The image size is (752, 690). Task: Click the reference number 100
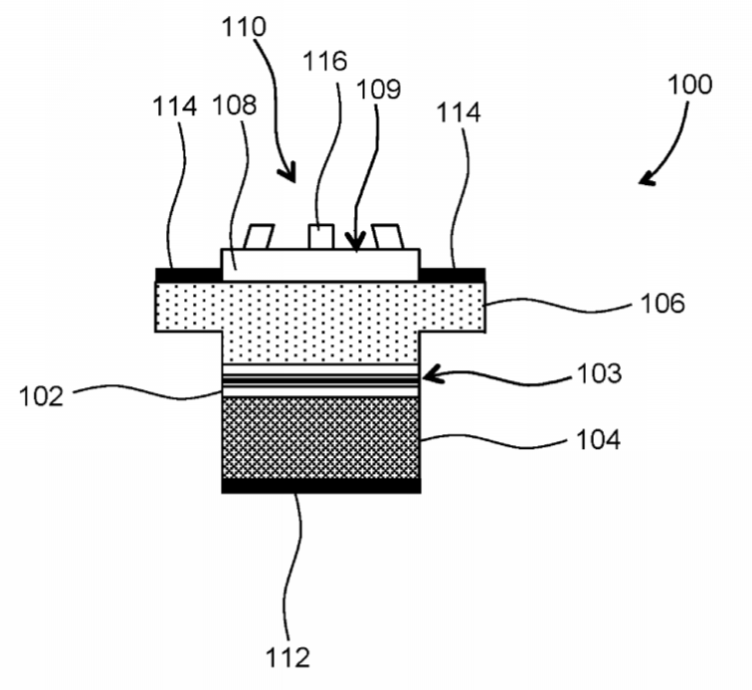click(x=690, y=85)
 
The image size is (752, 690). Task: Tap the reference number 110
click(x=243, y=27)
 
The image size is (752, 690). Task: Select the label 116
click(x=325, y=62)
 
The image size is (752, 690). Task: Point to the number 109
click(x=379, y=90)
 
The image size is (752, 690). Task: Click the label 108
click(x=234, y=106)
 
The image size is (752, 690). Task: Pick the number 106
click(x=662, y=304)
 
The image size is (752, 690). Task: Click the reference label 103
click(x=600, y=373)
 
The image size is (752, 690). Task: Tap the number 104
click(x=599, y=440)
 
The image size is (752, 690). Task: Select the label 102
click(x=41, y=397)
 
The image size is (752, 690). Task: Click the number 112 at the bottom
click(x=287, y=657)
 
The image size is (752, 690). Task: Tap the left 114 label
click(x=175, y=107)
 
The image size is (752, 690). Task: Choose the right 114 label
click(x=459, y=113)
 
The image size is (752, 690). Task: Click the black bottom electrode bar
click(x=321, y=486)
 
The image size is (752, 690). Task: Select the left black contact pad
click(x=189, y=275)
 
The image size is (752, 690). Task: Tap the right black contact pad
click(x=453, y=275)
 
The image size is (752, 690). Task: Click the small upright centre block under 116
click(x=321, y=237)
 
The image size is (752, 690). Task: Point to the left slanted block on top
click(x=259, y=237)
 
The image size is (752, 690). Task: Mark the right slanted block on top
click(x=388, y=237)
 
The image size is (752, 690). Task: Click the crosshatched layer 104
click(x=321, y=437)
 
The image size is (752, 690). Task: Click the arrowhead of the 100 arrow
click(x=645, y=179)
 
